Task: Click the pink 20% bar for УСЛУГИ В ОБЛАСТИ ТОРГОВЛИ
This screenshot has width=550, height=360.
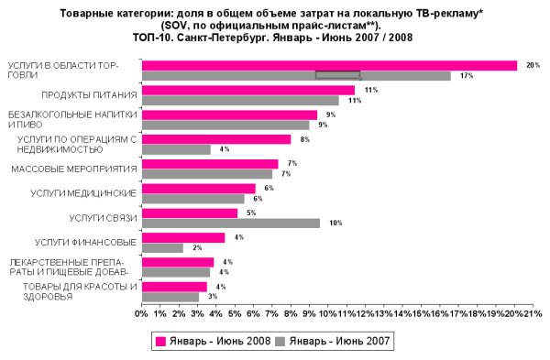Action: click(x=330, y=65)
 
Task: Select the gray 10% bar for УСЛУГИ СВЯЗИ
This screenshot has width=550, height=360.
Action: click(x=231, y=223)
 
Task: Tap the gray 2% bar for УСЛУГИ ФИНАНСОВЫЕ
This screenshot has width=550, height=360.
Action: click(x=162, y=247)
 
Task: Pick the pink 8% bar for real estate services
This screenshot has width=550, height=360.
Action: click(x=216, y=139)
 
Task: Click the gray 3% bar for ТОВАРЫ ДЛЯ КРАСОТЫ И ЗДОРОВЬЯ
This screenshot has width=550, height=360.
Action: click(x=170, y=297)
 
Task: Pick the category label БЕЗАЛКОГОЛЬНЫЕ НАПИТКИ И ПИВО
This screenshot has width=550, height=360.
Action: click(x=72, y=119)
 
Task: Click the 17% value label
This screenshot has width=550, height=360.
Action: click(x=467, y=76)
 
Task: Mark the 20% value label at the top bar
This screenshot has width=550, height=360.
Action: click(x=533, y=65)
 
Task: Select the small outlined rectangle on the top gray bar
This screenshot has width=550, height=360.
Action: click(x=337, y=75)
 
